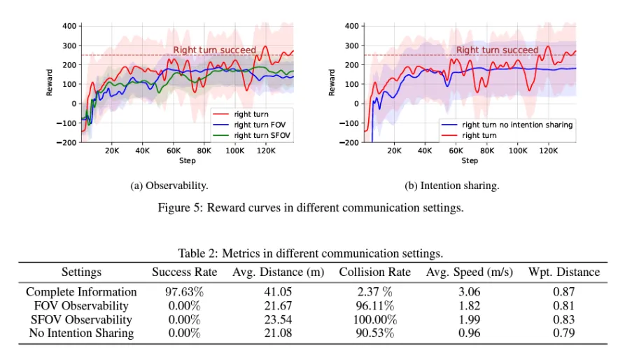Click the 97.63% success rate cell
click(x=185, y=291)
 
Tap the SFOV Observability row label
click(x=81, y=319)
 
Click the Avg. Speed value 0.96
click(x=470, y=333)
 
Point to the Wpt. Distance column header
click(x=563, y=272)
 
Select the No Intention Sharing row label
click(x=81, y=333)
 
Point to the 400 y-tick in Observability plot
click(x=69, y=26)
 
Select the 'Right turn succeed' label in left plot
click(x=214, y=50)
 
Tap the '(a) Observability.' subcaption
click(x=169, y=186)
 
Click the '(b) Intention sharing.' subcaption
click(x=451, y=186)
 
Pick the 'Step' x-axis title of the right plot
click(x=470, y=160)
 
